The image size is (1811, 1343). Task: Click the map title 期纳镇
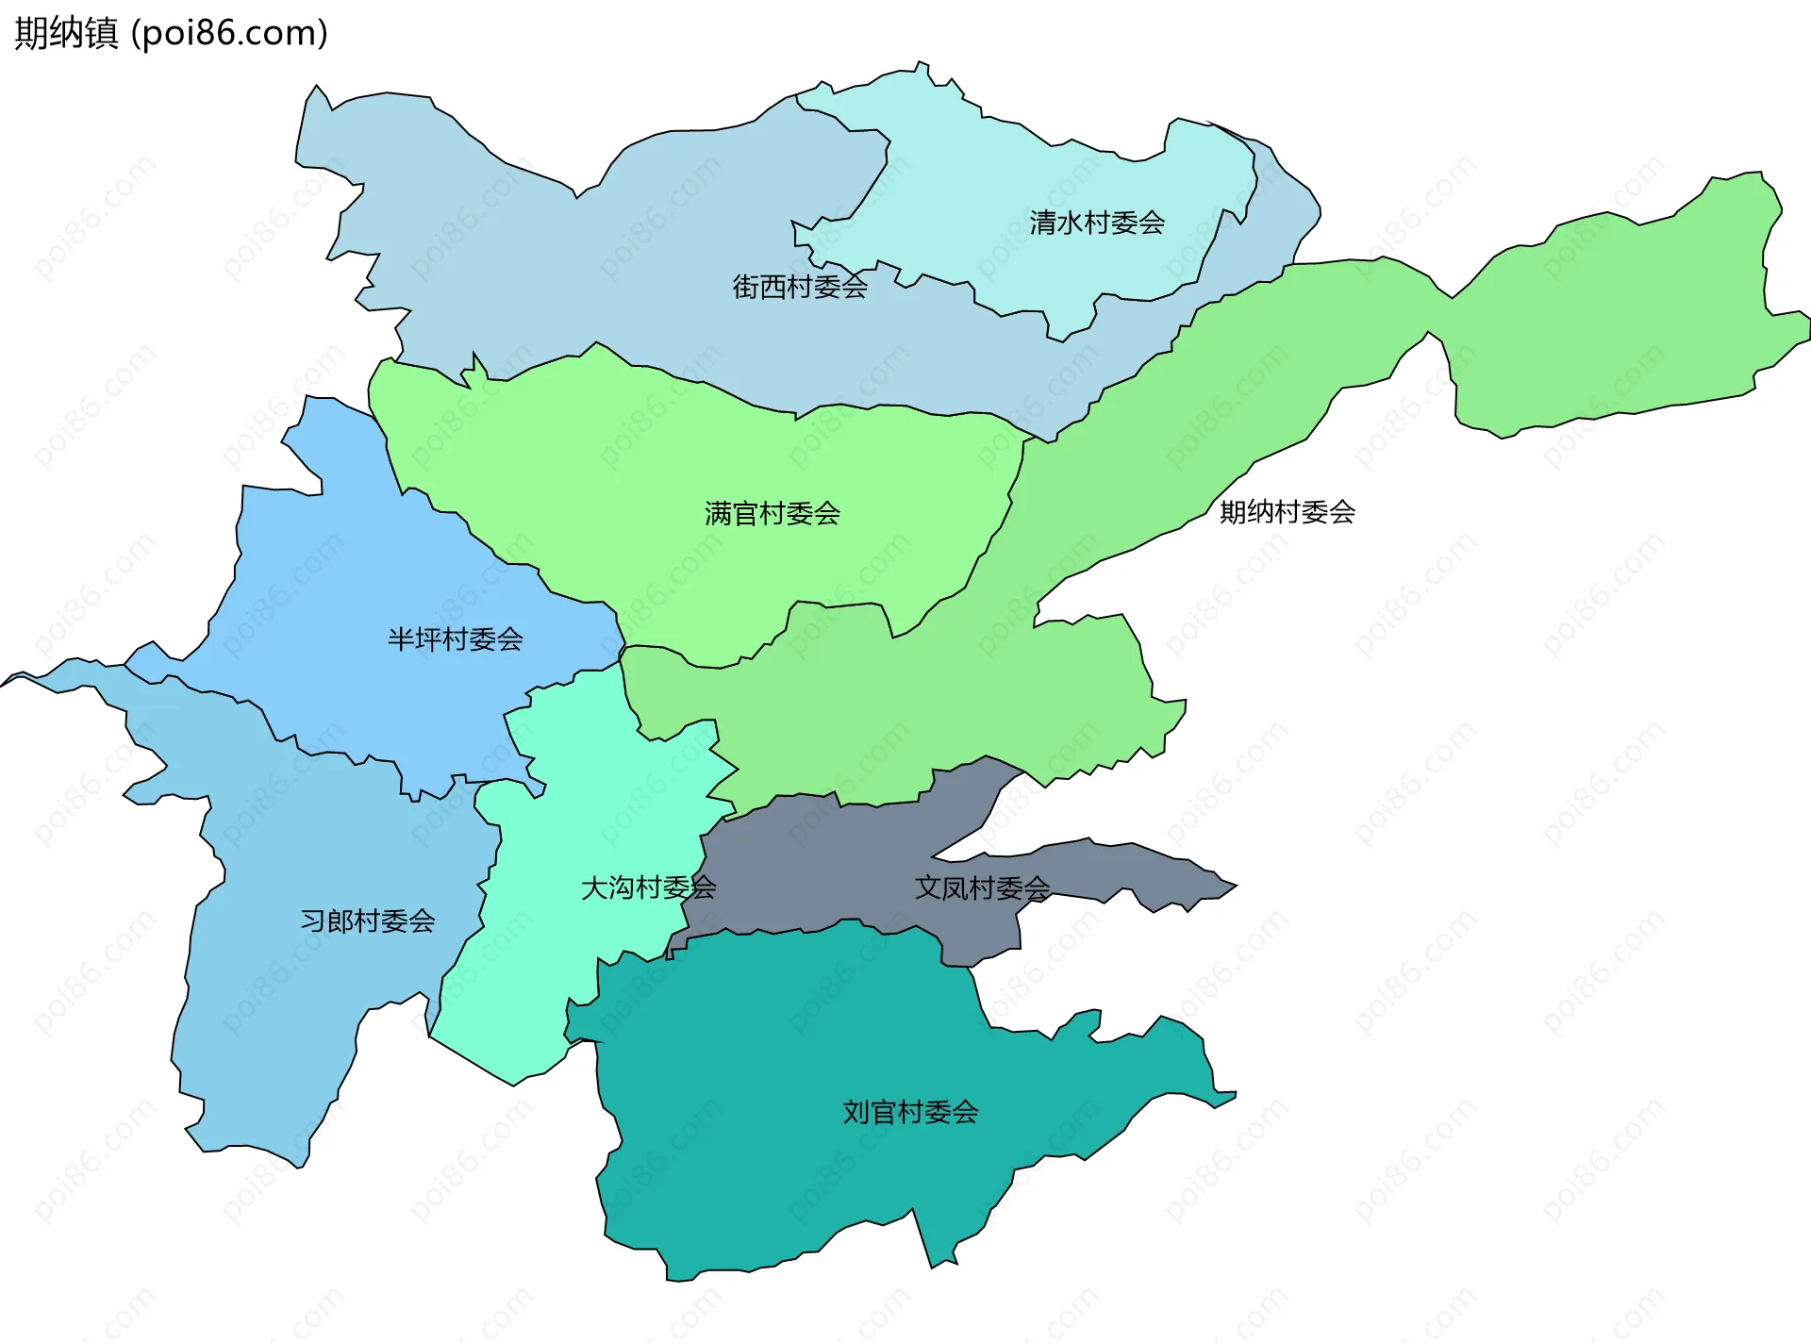(66, 33)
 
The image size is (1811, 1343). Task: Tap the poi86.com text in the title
(229, 33)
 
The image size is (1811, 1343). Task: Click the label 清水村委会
(1097, 224)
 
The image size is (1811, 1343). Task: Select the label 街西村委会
(800, 287)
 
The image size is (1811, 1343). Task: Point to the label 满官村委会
(772, 514)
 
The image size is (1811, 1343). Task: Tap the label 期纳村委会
(1287, 512)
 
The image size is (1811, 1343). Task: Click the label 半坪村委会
(455, 639)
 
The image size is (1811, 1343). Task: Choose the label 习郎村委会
(367, 920)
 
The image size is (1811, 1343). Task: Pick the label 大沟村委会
(648, 887)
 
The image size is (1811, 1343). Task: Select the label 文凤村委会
(982, 887)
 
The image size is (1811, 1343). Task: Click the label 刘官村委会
(910, 1112)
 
